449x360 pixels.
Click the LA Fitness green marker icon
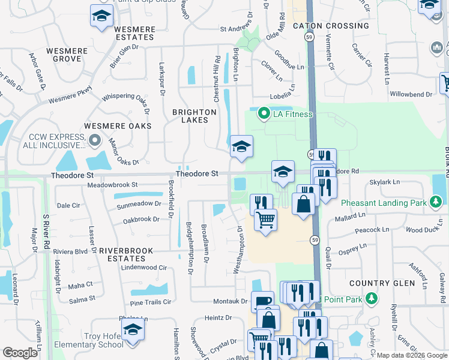tap(263, 113)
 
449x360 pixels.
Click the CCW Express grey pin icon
tap(94, 141)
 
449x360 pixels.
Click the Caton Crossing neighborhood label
tap(331, 26)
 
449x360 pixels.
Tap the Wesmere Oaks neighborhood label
tap(118, 126)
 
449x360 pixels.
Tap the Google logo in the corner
tap(20, 353)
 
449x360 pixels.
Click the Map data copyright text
tap(411, 355)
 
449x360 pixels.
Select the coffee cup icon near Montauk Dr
tap(262, 302)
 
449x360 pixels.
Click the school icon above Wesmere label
tap(101, 16)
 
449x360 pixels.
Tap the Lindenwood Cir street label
tap(144, 268)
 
